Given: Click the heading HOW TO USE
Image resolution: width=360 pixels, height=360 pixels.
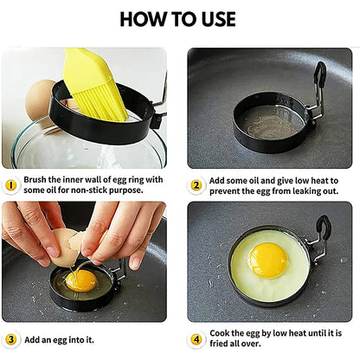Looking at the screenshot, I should point(180,19).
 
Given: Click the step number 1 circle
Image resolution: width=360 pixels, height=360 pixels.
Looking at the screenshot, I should point(10,184).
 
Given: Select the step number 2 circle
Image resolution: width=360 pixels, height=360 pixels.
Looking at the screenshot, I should point(196,184).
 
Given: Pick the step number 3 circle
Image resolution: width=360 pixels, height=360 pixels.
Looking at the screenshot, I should point(10,339).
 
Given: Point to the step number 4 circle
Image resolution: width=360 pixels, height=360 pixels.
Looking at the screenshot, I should point(196,339).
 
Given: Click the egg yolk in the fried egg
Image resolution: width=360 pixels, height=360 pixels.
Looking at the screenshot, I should point(268,259).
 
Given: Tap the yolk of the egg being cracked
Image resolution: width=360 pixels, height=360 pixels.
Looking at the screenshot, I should point(81,280).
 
